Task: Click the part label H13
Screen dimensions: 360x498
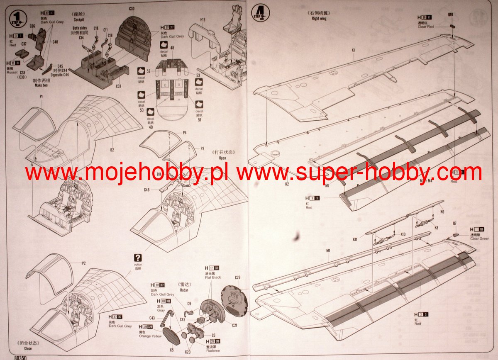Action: coord(203,19)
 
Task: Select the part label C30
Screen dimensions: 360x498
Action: coord(132,9)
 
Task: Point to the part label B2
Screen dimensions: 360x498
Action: coord(112,150)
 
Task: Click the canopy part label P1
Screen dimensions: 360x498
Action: coord(41,97)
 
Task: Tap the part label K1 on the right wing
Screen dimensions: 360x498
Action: coord(353,50)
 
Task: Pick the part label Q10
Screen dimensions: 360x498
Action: coord(450,14)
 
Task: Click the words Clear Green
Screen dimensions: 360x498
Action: coord(480,239)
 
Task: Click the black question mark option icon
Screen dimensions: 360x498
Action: coord(138,258)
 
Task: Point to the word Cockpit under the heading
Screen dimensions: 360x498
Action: coord(79,19)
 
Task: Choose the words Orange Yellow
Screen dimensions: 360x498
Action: coord(151,336)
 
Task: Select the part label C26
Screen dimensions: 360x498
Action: coord(237,277)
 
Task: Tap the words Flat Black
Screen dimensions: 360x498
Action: coord(213,277)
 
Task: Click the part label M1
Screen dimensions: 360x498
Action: coord(327,251)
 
